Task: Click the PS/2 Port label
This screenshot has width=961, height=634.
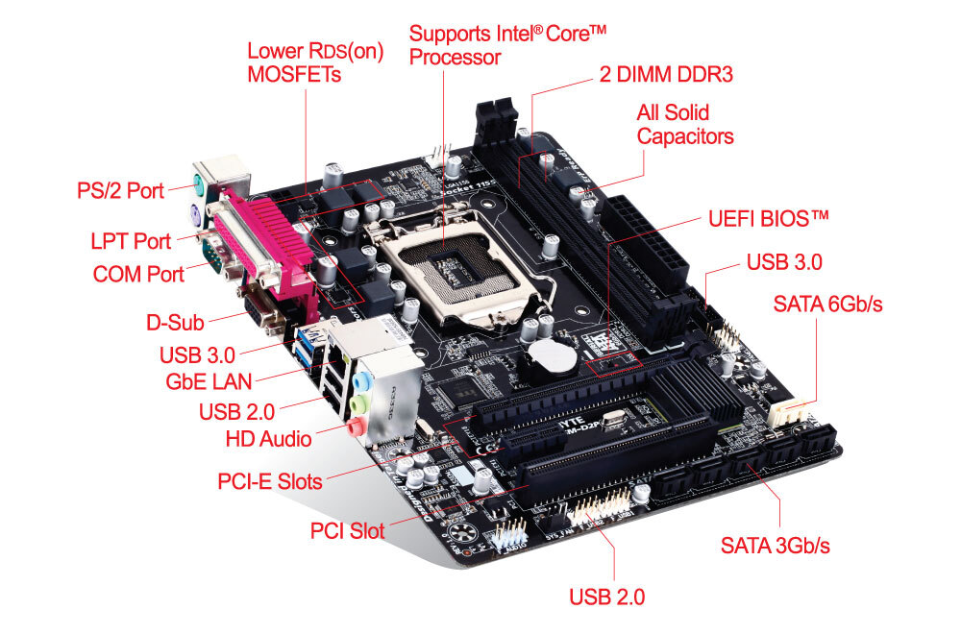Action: point(120,190)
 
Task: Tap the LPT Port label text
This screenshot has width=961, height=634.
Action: point(131,241)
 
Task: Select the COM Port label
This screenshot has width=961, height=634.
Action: point(138,274)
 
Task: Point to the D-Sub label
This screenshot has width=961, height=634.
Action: point(175,322)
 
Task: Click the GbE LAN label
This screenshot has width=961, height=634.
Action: point(209,381)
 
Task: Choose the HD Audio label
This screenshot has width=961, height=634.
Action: point(268,439)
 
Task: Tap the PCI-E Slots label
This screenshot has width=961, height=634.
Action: point(270,481)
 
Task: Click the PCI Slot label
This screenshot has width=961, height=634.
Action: point(348,530)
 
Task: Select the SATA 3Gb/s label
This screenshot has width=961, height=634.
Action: point(776,546)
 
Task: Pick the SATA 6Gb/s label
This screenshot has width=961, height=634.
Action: point(827,304)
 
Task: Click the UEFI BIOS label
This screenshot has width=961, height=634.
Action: point(769,219)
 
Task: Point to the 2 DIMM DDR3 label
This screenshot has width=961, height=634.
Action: point(666,74)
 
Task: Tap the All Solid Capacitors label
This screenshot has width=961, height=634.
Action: point(685,124)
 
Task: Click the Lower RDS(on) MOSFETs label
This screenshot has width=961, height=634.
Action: point(315,62)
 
